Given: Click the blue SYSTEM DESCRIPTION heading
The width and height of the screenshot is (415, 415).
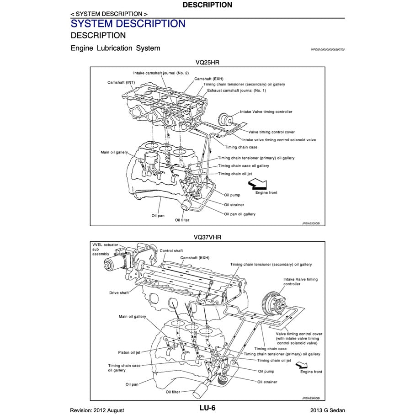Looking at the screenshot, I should pyautogui.click(x=128, y=23).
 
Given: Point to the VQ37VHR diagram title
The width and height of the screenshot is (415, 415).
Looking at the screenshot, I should pyautogui.click(x=207, y=237).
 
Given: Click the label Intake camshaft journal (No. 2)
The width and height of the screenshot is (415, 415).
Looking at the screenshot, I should pyautogui.click(x=161, y=73).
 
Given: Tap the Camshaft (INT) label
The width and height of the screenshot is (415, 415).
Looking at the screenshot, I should pyautogui.click(x=121, y=82).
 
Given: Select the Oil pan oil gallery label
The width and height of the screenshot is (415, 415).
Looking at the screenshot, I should pyautogui.click(x=239, y=214).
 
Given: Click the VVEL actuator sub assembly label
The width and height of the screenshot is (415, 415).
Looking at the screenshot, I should pyautogui.click(x=101, y=249).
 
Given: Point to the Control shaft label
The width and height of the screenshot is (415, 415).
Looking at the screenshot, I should pyautogui.click(x=171, y=250).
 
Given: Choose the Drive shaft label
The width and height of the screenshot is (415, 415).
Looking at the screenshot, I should pyautogui.click(x=119, y=293).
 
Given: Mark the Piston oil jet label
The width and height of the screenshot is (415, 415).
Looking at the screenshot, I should pyautogui.click(x=129, y=352).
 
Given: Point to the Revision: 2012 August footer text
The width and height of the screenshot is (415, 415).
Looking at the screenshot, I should pyautogui.click(x=97, y=410).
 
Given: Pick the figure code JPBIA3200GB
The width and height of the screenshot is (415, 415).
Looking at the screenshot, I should pyautogui.click(x=310, y=223).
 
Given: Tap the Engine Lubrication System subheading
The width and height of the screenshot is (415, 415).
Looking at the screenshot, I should pyautogui.click(x=115, y=48).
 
